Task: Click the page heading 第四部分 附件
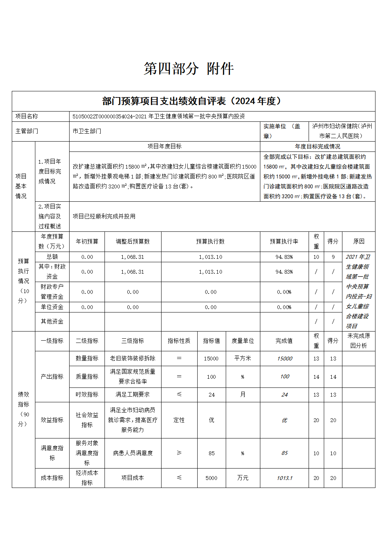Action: (188, 69)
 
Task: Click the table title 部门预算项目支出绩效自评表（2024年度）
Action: (193, 101)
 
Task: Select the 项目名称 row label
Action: (27, 116)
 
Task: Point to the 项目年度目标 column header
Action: (165, 146)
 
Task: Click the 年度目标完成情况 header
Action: (318, 146)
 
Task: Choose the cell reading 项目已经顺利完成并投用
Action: (104, 216)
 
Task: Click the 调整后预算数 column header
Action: (133, 241)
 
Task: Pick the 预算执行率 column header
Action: (284, 241)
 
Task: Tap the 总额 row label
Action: (52, 257)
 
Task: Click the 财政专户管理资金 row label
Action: (52, 292)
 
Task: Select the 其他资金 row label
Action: (52, 321)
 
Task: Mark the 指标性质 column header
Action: (179, 341)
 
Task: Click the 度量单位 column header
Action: (243, 341)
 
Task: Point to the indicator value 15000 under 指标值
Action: (211, 358)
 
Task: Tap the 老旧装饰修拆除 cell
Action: (133, 358)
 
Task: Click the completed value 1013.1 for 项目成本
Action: (284, 478)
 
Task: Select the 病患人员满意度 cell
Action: (133, 453)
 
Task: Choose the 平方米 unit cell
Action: (243, 358)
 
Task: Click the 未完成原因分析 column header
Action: (359, 341)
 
